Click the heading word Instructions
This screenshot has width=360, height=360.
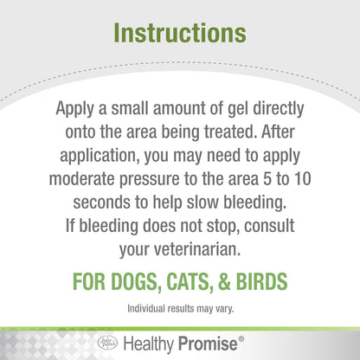coord(179,34)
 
